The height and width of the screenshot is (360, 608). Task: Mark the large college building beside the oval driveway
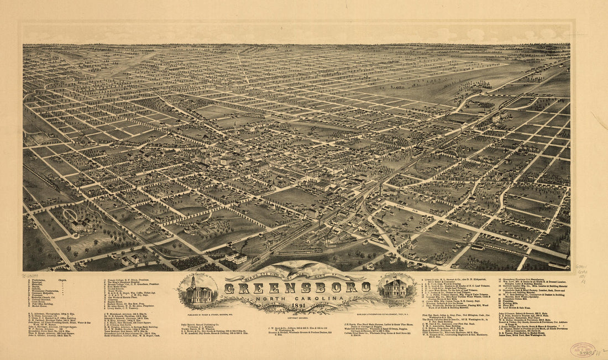pos(81,226)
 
